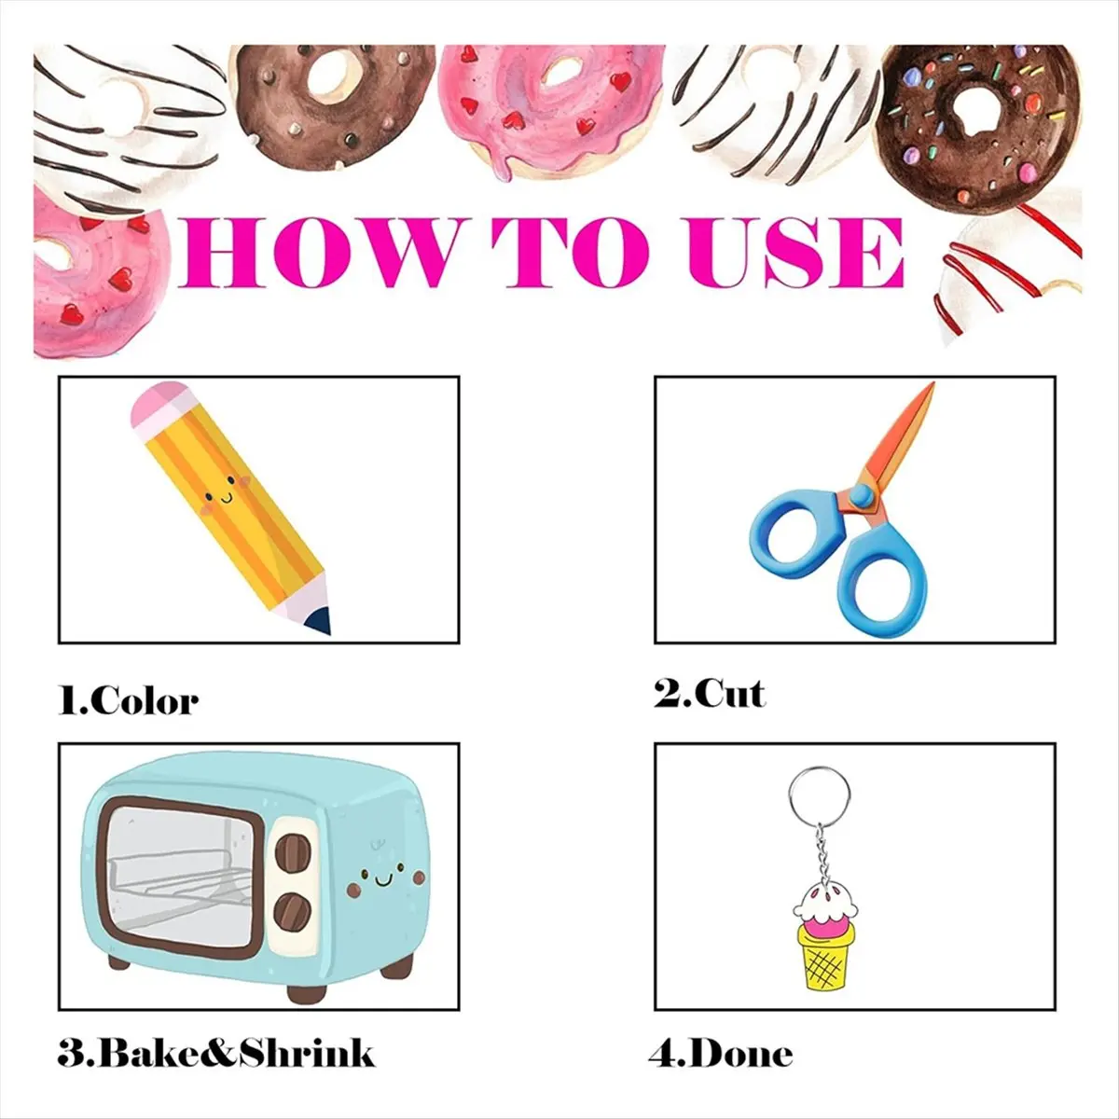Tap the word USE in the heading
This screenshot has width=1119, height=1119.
(x=795, y=254)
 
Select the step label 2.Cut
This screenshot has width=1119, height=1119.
(x=710, y=693)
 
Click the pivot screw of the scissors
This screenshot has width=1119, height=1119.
(x=862, y=495)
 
